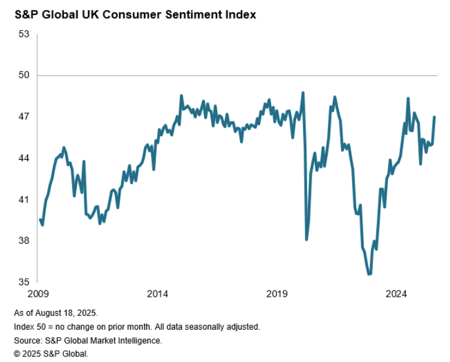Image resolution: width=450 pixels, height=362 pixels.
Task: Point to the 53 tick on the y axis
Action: pyautogui.click(x=24, y=34)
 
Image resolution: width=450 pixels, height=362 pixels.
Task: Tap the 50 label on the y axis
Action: pyautogui.click(x=24, y=75)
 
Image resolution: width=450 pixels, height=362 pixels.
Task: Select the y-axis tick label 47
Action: pyautogui.click(x=24, y=117)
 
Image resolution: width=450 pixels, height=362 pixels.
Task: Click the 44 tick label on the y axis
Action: pyautogui.click(x=24, y=158)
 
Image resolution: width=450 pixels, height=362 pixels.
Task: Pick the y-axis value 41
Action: pyautogui.click(x=24, y=200)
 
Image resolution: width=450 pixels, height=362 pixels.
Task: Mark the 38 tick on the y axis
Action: pyautogui.click(x=24, y=241)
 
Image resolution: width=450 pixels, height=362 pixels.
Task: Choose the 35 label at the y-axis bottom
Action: pyautogui.click(x=24, y=282)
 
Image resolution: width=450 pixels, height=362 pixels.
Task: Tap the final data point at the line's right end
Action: pyautogui.click(x=434, y=117)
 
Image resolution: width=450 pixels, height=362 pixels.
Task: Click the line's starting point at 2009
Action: pyautogui.click(x=40, y=219)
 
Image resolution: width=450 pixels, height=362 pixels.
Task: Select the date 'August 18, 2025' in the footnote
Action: pyautogui.click(x=69, y=313)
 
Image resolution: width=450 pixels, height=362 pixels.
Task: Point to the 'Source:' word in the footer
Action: pyautogui.click(x=27, y=340)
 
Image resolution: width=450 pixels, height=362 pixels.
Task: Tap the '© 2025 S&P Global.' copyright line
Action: pyautogui.click(x=51, y=353)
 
